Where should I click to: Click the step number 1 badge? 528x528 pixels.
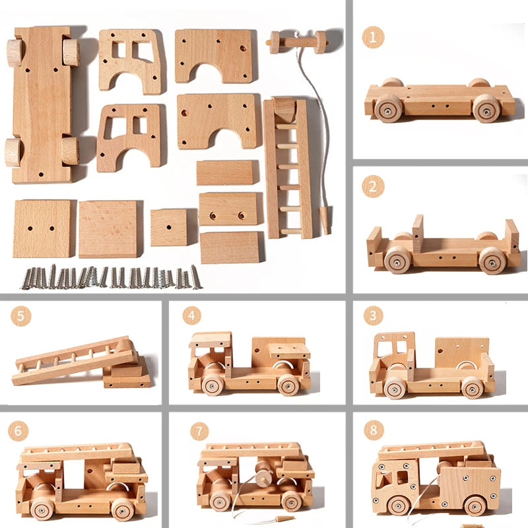373,37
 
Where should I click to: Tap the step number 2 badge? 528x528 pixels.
373,186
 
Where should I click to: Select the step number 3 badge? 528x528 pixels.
373,315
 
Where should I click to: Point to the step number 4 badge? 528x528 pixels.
191,315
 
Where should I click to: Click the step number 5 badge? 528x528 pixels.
20,316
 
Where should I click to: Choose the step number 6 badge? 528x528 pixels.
18,431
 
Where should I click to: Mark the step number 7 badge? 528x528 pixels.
199,431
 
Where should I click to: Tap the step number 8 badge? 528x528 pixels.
374,430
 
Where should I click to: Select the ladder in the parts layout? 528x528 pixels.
288,168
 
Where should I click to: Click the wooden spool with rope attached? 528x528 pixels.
296,42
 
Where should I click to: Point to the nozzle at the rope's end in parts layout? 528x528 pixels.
325,220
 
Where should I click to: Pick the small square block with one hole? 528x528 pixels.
169,228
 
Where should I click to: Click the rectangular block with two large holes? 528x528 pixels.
228,209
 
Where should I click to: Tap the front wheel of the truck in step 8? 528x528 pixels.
399,506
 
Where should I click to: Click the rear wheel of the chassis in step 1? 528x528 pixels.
485,108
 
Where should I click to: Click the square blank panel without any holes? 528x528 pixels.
108,229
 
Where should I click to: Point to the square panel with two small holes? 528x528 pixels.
42,228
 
